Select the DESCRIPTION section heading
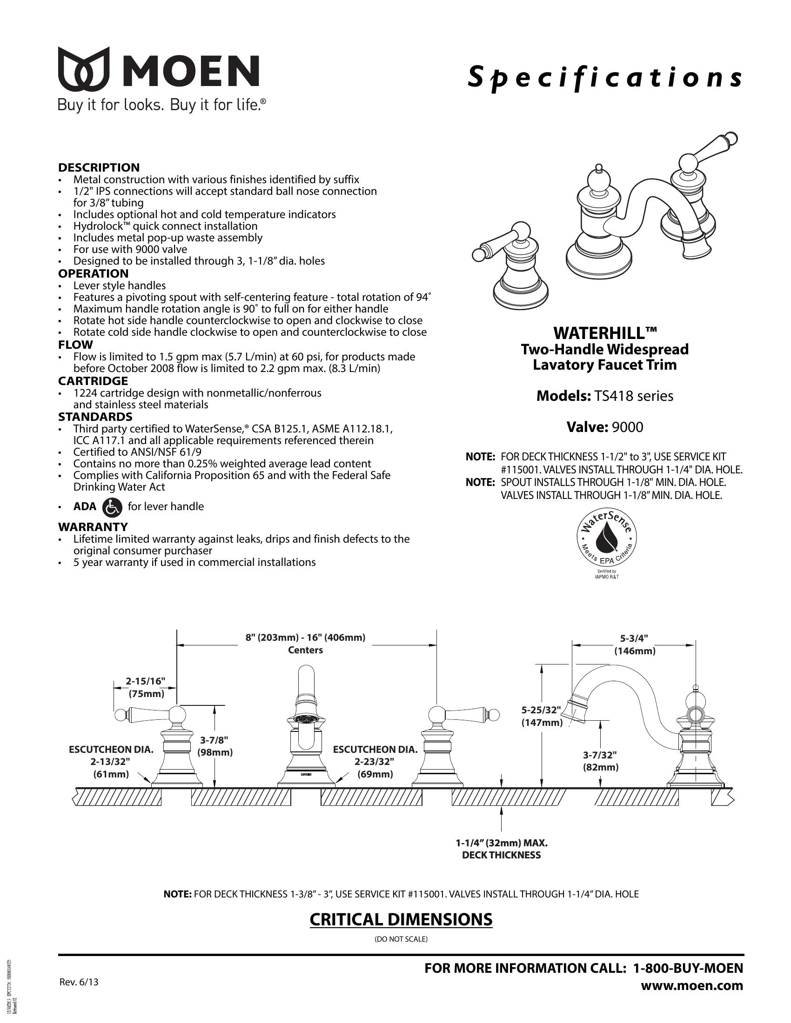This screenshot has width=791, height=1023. click(99, 167)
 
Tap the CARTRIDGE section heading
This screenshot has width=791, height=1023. click(93, 381)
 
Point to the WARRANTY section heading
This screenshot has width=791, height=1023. click(93, 527)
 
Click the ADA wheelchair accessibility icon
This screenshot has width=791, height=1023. click(112, 507)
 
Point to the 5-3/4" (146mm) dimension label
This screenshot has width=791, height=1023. click(635, 644)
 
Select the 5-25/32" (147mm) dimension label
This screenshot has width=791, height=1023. click(542, 716)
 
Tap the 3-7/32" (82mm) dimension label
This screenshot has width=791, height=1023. click(600, 761)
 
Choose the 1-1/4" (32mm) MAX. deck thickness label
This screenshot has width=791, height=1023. click(502, 849)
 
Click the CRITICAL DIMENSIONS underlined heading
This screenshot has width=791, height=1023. click(401, 919)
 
